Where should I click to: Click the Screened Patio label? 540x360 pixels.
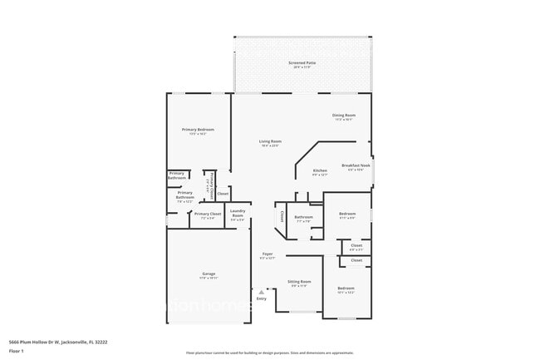coord(302,62)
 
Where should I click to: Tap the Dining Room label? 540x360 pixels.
coord(344,115)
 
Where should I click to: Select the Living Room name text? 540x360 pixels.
coord(270,141)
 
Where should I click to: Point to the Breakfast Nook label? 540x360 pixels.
coord(356,165)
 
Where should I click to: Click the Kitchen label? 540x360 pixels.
coord(320,170)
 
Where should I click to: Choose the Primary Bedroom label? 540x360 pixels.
coord(199,129)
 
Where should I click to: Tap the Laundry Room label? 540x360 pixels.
coord(238,212)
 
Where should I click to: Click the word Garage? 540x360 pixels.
coord(209,274)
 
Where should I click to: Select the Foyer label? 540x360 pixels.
coord(268,254)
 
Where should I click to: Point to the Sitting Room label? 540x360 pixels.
coord(299,281)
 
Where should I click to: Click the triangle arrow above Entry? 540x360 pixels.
coord(262,292)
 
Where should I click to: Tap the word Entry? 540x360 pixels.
coord(262,298)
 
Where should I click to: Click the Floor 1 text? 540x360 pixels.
coord(17,352)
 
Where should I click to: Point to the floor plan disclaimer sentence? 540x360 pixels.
coord(269,352)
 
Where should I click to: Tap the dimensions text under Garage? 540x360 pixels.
coord(209,279)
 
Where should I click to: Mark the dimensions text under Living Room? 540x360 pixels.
coord(270,146)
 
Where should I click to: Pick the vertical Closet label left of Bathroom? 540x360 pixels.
coord(282,216)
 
